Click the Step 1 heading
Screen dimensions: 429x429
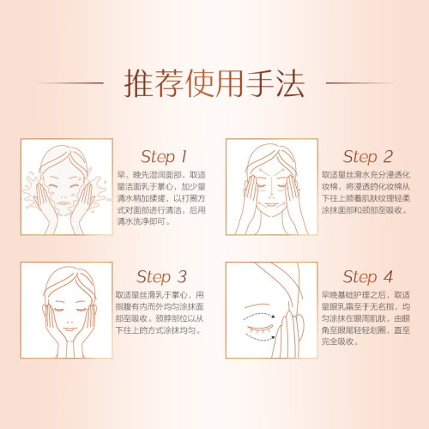[164, 157]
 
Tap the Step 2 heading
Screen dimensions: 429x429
[368, 157]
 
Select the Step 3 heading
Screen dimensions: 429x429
[162, 277]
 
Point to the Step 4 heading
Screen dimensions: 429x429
[368, 277]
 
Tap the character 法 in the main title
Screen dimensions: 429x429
[289, 83]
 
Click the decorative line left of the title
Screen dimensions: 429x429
[69, 83]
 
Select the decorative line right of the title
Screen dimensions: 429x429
[360, 83]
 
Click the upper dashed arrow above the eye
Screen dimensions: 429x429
[259, 314]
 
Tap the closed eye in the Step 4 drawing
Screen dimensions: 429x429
[260, 329]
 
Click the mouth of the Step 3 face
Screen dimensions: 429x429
[69, 329]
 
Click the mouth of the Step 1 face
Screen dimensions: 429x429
[63, 203]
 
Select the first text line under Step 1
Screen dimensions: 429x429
[161, 175]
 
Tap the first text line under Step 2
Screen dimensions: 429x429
[366, 175]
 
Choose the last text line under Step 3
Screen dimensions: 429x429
[159, 330]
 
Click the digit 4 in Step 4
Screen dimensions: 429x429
[388, 276]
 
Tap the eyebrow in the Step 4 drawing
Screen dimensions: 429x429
[257, 305]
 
